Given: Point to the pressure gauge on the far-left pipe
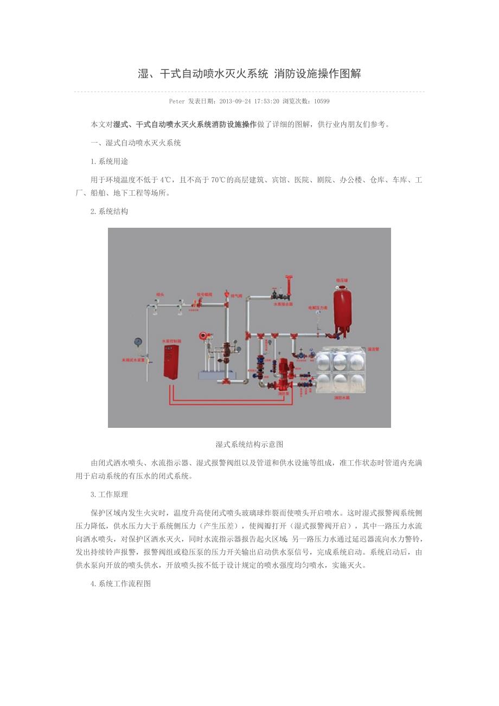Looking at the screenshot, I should (x=137, y=343).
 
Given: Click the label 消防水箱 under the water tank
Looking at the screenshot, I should (x=341, y=397).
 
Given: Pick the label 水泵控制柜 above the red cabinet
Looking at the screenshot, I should (x=170, y=341).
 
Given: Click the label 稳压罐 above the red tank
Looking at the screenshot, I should (x=342, y=280).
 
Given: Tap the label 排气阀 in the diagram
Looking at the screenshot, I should (x=236, y=296).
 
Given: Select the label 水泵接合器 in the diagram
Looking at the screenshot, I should (x=283, y=304).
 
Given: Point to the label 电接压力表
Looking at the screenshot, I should (x=318, y=307).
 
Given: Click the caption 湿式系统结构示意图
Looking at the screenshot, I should (x=249, y=444).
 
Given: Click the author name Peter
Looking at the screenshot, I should (x=177, y=101).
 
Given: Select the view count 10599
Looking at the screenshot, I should (x=322, y=101).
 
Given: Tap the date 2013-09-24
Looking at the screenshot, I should (x=234, y=101).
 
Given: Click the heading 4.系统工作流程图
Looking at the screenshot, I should (x=120, y=584).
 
